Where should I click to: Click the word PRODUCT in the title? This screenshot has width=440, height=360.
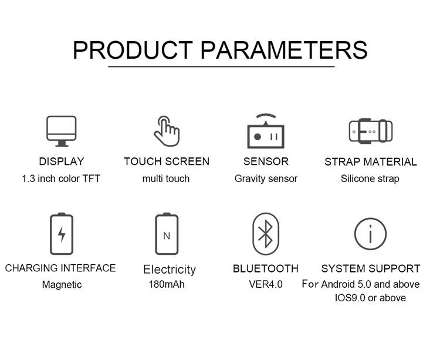coord(133,50)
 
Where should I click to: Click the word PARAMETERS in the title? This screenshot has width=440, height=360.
coord(284,50)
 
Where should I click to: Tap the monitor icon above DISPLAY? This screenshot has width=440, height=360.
coord(62,131)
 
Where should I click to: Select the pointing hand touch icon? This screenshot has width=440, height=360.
coord(167,131)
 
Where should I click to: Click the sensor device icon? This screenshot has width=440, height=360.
coord(266,131)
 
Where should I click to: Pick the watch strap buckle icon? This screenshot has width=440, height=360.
coord(371,131)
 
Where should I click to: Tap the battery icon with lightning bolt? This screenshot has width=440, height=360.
coord(62,234)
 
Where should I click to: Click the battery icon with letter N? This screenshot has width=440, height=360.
coord(167,234)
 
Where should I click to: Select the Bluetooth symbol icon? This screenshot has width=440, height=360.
coord(266,234)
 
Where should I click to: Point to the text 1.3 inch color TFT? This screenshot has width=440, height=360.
coord(61,179)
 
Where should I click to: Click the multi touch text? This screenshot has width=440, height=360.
coord(166,179)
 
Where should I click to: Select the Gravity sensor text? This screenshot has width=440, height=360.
coord(266,179)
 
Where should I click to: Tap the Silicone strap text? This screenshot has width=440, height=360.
coord(370,179)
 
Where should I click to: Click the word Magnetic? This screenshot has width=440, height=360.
coord(62,285)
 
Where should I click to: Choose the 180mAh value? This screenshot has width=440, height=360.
coord(167,284)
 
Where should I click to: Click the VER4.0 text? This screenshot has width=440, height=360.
coord(266,284)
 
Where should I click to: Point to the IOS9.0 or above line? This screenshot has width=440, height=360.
coord(370,298)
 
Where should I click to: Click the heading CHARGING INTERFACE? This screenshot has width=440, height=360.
coord(60,268)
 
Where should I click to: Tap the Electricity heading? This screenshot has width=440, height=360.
coord(170,270)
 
